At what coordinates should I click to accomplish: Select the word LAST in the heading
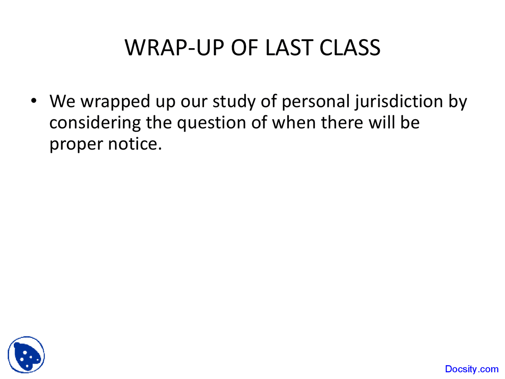click(289, 47)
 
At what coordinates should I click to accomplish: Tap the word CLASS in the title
click(350, 47)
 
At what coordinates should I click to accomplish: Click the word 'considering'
click(95, 123)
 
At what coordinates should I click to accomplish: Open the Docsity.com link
click(471, 369)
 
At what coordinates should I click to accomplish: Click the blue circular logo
click(26, 355)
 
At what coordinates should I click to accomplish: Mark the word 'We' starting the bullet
click(62, 101)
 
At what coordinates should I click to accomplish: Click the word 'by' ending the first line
click(458, 102)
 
